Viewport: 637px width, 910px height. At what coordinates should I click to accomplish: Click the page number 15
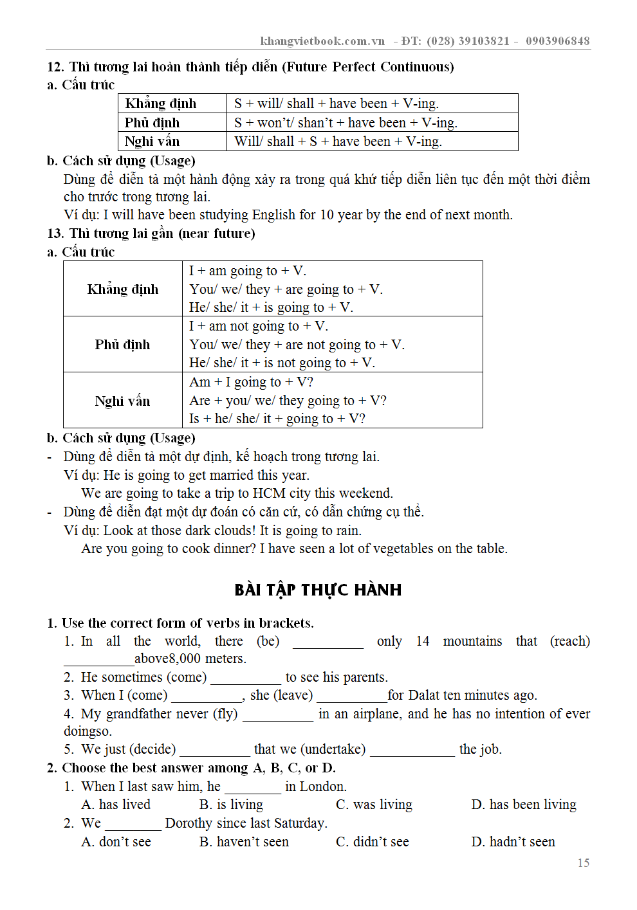coord(583,863)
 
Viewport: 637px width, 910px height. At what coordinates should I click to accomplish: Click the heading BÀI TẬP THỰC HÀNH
coord(318,590)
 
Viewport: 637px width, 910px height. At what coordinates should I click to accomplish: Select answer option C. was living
coord(374,805)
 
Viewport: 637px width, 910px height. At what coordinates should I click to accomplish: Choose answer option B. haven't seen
coord(244,842)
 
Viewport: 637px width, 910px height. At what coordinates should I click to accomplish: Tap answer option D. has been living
coord(524,805)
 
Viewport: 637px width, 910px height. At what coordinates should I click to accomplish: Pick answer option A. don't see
coord(116,842)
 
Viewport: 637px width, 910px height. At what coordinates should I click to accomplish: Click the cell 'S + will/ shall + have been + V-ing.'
coord(336,104)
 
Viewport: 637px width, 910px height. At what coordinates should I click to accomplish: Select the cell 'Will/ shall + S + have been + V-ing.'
coord(338,141)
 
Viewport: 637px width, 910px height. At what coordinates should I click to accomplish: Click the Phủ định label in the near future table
coord(122,345)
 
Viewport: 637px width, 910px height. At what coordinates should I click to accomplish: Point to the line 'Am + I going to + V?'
coord(251,382)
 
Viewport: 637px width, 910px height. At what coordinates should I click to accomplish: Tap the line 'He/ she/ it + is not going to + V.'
coord(282,363)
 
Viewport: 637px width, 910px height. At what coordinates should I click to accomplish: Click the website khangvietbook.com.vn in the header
coord(322,41)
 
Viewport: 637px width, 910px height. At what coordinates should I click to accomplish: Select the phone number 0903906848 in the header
coord(557,41)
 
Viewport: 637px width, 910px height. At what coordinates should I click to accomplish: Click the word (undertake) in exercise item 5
coord(333,749)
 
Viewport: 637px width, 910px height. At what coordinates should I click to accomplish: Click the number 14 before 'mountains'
coord(423,641)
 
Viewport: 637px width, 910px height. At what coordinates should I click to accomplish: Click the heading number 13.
coord(55,233)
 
